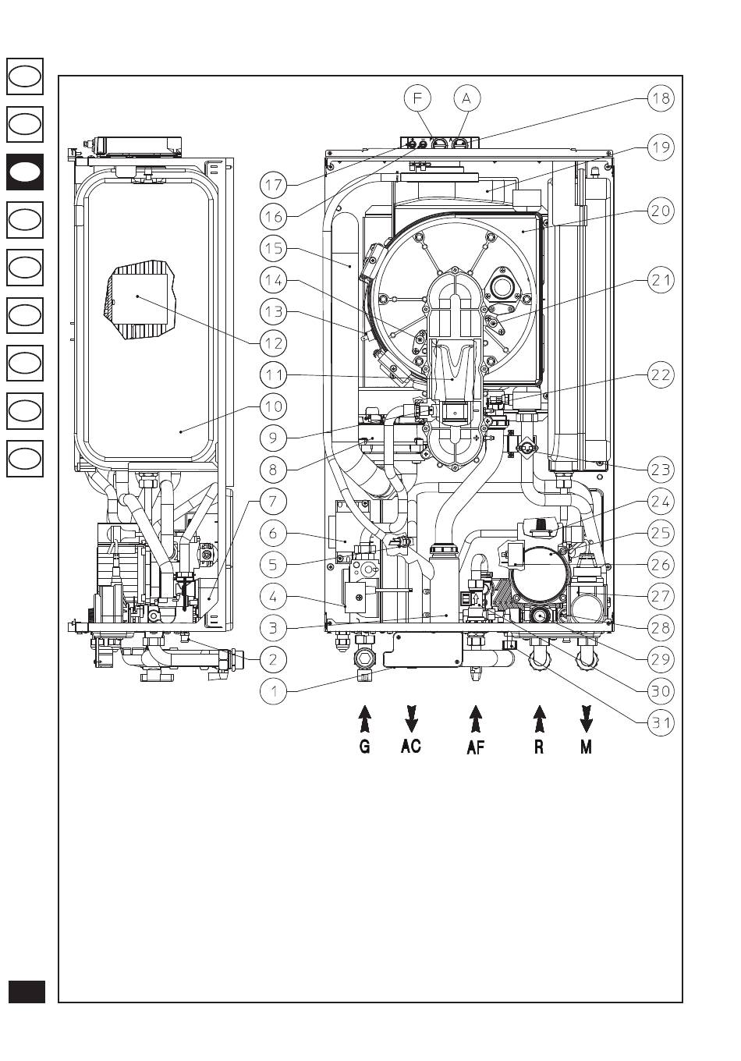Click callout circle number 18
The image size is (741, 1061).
tap(661, 98)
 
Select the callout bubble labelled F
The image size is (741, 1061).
tap(417, 98)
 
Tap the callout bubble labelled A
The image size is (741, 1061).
tap(467, 98)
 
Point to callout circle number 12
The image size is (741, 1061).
tap(273, 343)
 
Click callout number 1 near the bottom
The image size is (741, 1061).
tap(273, 691)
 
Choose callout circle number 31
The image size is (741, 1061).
tap(661, 722)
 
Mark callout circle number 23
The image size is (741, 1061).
tap(661, 470)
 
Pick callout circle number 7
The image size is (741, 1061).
tap(273, 501)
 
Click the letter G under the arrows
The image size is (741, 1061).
tap(364, 747)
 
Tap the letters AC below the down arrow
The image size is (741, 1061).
tap(410, 746)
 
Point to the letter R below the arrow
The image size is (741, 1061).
tap(539, 747)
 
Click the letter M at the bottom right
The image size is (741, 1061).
tap(587, 747)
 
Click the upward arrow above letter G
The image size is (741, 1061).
tap(364, 719)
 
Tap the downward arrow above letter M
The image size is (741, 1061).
tap(587, 719)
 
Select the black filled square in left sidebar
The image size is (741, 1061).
tap(25, 172)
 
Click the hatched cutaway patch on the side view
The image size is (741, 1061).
tap(140, 300)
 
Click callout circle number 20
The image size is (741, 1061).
tap(661, 211)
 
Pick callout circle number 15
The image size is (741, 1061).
tap(273, 248)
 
